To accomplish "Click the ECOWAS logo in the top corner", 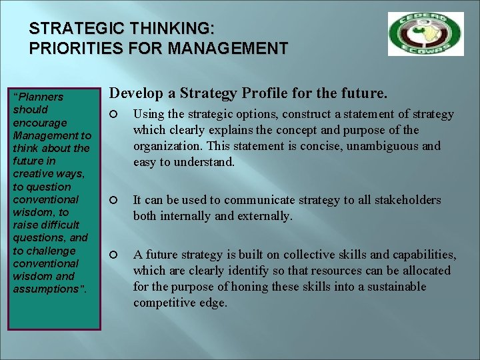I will click(425, 33).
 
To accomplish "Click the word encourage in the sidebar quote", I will click(40, 123).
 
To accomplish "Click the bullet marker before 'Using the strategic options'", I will click(113, 115).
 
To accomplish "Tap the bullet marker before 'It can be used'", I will click(113, 201).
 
